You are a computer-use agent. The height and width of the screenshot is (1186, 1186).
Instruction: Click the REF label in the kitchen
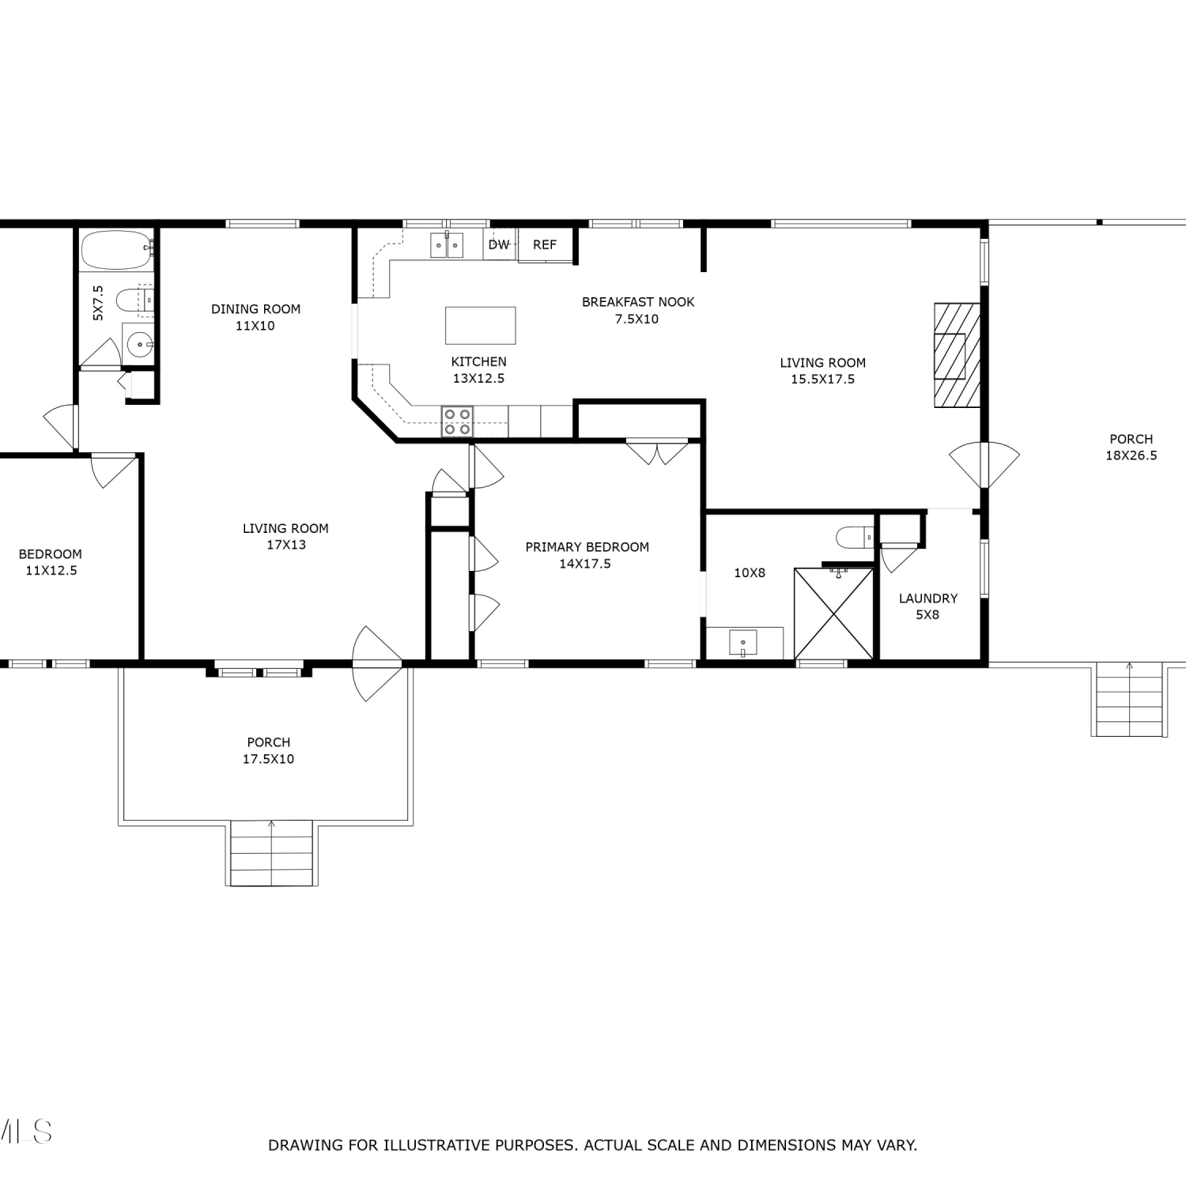coord(545,245)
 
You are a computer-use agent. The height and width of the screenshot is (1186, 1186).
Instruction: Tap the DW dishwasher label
coord(499,245)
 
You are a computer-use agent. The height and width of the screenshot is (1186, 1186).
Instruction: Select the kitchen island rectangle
coord(481,326)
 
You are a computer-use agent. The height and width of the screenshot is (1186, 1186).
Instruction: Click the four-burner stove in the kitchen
coord(457,421)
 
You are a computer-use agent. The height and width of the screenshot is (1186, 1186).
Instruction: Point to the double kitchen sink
coord(447,245)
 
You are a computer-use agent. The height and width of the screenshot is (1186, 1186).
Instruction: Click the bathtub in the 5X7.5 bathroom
coord(116,250)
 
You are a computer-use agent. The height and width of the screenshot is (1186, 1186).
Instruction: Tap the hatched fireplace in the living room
coord(957,355)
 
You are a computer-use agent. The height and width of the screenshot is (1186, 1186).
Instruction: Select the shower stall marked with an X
coord(833,614)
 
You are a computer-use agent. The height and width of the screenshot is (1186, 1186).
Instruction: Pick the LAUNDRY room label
coord(928,599)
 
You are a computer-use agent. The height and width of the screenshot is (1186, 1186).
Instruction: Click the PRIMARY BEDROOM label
coord(587,547)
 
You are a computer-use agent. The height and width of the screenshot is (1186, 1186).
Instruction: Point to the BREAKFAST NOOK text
coord(638,302)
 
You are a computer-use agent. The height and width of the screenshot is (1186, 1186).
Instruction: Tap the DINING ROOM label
coord(256,309)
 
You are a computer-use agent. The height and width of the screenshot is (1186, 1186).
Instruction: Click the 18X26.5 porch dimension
coord(1131,455)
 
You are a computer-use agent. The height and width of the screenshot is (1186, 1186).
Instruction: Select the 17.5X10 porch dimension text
coord(269,759)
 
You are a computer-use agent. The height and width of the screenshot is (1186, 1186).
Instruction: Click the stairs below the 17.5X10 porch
coord(272,854)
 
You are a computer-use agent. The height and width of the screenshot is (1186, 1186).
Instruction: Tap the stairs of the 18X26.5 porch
coord(1129,701)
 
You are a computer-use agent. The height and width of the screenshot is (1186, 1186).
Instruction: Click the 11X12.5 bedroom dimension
coord(51,571)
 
